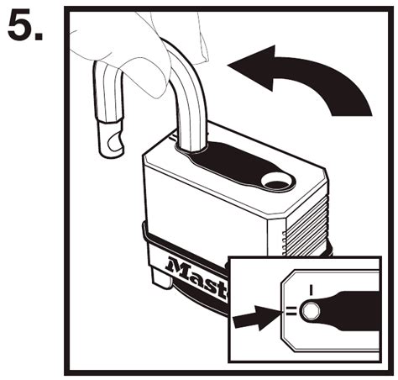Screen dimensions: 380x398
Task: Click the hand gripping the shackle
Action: coord(126,42)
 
